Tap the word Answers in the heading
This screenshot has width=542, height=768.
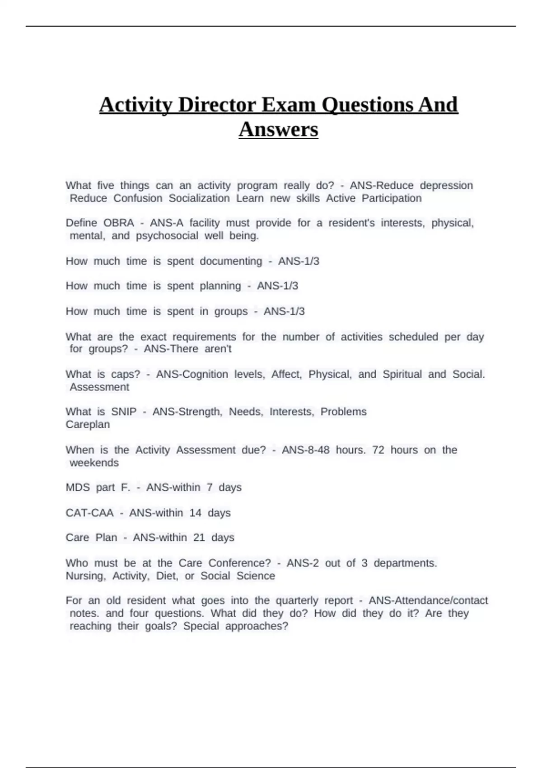point(278,129)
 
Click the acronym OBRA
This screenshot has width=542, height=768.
point(119,223)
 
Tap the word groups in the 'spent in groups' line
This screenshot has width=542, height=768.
point(231,311)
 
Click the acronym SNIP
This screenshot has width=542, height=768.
point(123,412)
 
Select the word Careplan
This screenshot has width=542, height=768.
point(88,425)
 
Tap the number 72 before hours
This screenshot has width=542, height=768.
point(378,450)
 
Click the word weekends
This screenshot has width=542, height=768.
point(94,463)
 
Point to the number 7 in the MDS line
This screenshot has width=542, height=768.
point(210,487)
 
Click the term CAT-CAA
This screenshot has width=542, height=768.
point(89,513)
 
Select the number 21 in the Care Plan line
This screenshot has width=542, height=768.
point(199,538)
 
